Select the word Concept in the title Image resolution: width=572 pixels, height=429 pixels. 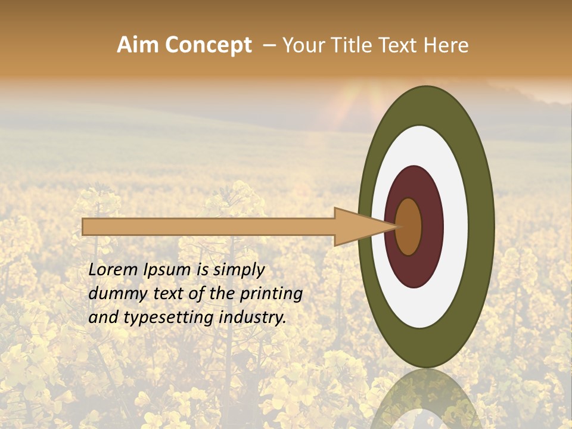(208, 46)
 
